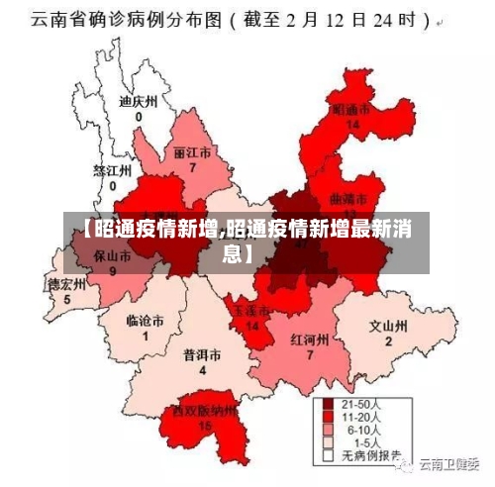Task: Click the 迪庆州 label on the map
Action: pyautogui.click(x=138, y=101)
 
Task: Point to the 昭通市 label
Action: pyautogui.click(x=351, y=109)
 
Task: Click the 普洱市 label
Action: pyautogui.click(x=202, y=354)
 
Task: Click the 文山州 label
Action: pyautogui.click(x=388, y=326)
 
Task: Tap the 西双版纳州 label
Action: pyautogui.click(x=205, y=410)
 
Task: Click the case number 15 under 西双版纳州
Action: pyautogui.click(x=205, y=426)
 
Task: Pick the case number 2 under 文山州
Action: pyautogui.click(x=388, y=341)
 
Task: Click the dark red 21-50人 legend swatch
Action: pyautogui.click(x=327, y=406)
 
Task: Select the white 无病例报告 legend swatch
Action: pyautogui.click(x=327, y=457)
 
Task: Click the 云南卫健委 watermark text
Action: pyautogui.click(x=448, y=462)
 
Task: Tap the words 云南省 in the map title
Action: pyautogui.click(x=53, y=19)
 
